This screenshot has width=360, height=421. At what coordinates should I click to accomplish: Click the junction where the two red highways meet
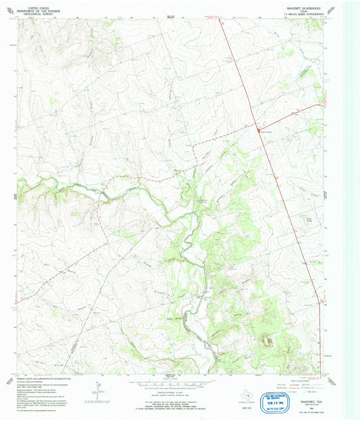pyautogui.click(x=257, y=127)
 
